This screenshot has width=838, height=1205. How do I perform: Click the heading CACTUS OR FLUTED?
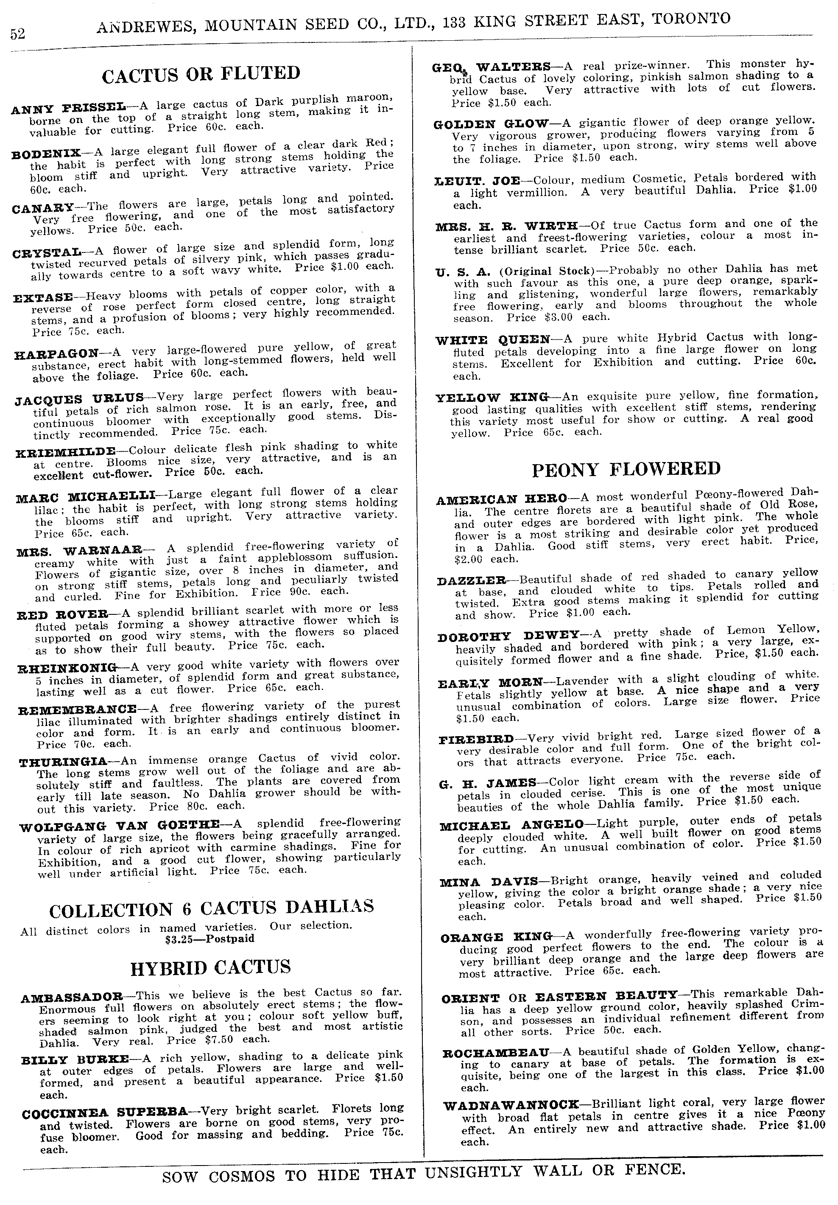coord(201,75)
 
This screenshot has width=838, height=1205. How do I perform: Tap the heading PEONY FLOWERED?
coord(626,469)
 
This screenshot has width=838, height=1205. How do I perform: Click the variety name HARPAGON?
coord(56,354)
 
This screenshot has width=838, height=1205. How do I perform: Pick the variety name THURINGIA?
coord(62,762)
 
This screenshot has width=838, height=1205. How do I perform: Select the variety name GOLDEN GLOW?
coord(491,125)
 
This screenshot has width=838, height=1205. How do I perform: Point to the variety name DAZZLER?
coord(471,581)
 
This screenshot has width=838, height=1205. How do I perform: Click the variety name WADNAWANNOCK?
coord(511,1105)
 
